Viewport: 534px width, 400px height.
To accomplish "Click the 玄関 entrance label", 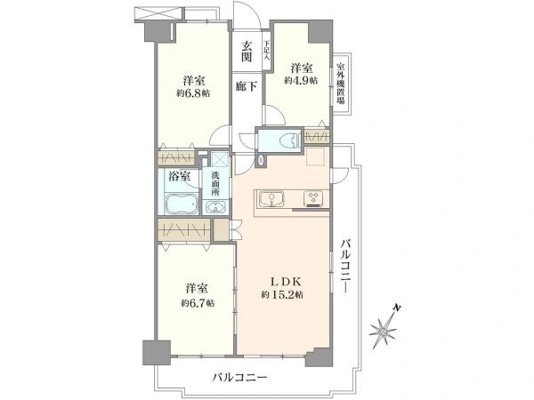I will point(247,52).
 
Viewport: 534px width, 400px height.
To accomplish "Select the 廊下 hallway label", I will point(247,86).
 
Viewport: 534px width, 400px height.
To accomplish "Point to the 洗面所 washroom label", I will point(214,180).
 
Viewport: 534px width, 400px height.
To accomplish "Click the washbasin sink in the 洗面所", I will point(214,207).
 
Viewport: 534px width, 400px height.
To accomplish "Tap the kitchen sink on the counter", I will point(271,198).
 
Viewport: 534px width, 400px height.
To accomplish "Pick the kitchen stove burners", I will point(315,197).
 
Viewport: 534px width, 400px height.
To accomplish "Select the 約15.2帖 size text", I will point(283,295).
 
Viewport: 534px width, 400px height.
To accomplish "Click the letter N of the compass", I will point(400,308).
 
